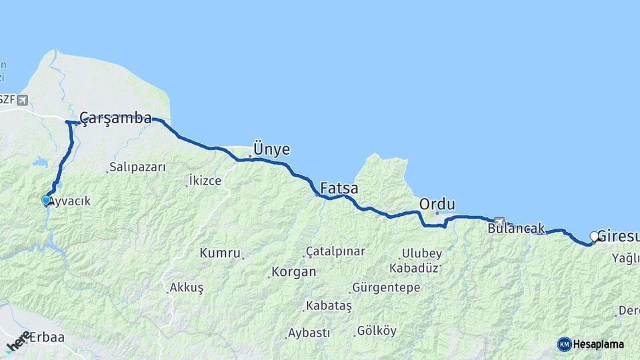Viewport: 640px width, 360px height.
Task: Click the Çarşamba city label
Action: (115, 119)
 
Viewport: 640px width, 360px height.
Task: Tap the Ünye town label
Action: (271, 149)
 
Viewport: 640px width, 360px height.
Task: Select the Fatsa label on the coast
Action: (339, 189)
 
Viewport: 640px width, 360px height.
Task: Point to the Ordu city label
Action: (437, 204)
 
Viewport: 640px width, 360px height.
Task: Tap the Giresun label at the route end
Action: (618, 236)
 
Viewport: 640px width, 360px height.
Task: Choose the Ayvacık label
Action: (69, 201)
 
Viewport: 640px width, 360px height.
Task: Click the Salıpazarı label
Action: (137, 167)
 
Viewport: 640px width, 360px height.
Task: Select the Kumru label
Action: (219, 253)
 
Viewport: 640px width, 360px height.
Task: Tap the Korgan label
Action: (293, 272)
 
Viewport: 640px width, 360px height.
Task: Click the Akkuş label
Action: (187, 287)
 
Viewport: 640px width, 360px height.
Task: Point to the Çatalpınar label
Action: (335, 251)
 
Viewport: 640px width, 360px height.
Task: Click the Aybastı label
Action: (309, 333)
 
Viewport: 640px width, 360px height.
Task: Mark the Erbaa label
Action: (47, 337)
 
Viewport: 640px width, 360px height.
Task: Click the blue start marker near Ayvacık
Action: (46, 199)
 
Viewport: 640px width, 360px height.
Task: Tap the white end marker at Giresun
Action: (593, 235)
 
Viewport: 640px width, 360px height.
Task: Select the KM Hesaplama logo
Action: (591, 344)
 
